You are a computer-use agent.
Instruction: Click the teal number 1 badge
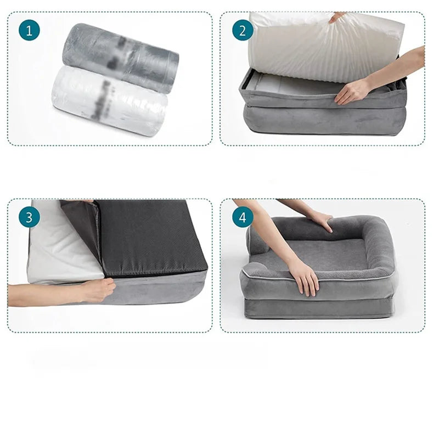29,30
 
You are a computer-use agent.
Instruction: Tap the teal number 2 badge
242,30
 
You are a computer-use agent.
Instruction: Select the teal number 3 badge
29,217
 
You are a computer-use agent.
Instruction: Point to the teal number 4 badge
242,217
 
